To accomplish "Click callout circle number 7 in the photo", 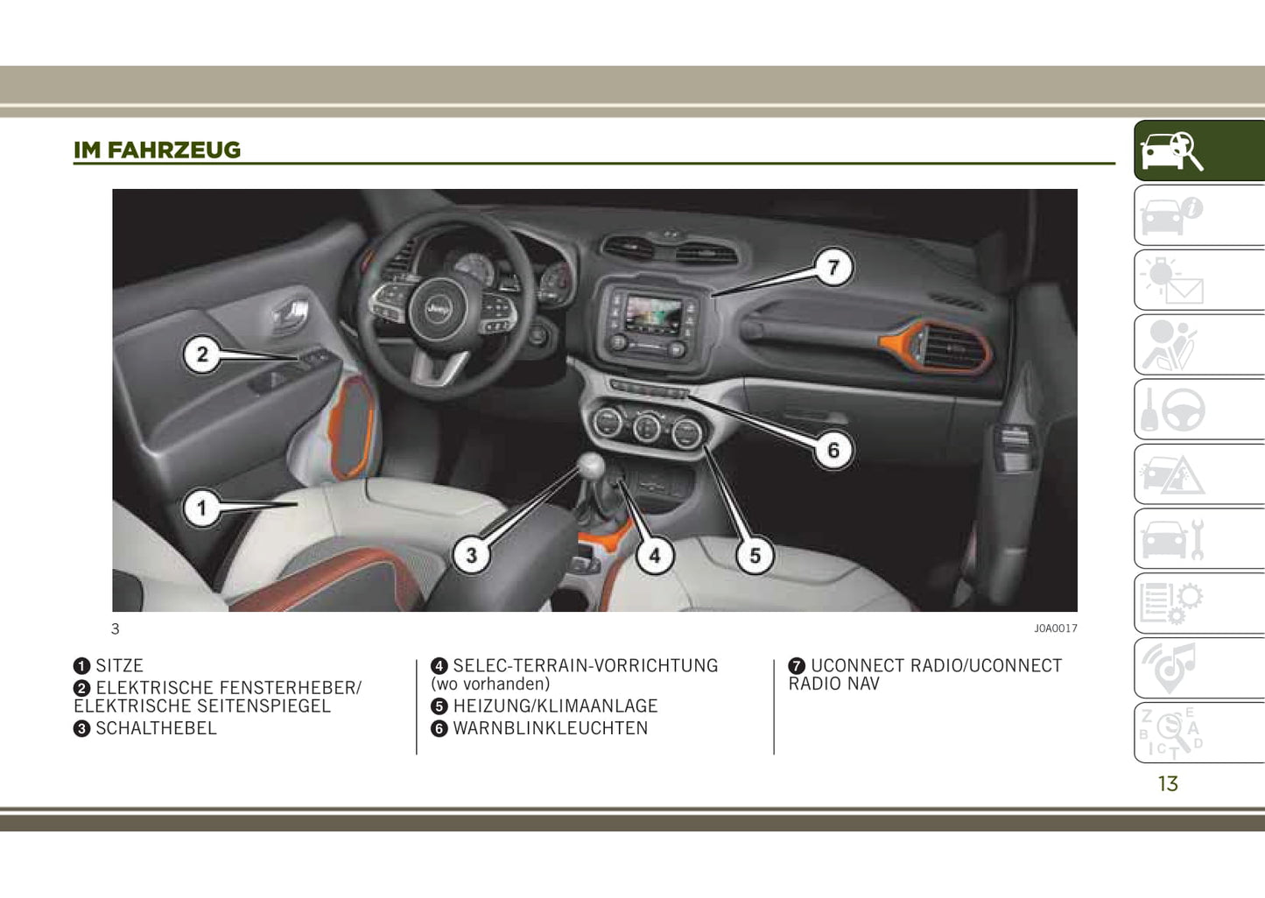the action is click(x=833, y=267).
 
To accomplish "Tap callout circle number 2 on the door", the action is click(x=202, y=354).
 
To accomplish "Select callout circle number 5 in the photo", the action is click(x=755, y=555).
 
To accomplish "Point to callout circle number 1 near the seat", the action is click(x=201, y=509).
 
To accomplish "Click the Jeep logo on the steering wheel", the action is click(x=437, y=308).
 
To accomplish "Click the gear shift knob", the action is click(x=591, y=464).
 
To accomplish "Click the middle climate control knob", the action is click(x=647, y=426).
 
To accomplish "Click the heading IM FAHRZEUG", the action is click(x=157, y=151).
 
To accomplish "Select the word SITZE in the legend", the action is click(x=120, y=665).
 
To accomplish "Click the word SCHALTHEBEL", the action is click(x=156, y=728).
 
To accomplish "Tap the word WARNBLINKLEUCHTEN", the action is click(x=551, y=728).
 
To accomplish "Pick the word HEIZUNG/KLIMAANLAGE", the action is click(x=556, y=706).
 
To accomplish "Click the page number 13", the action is click(x=1168, y=783).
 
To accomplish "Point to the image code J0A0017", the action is click(x=1056, y=628).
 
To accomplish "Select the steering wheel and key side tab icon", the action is click(x=1173, y=410).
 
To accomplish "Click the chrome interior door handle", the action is click(x=291, y=313).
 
